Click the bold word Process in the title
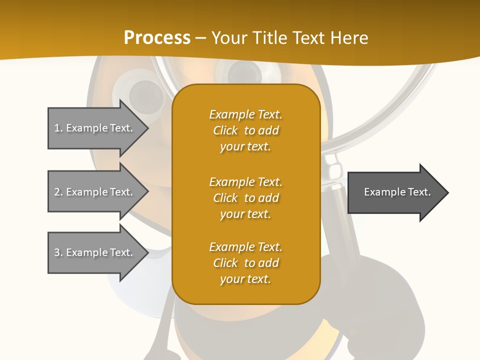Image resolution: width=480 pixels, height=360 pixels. [x=157, y=38]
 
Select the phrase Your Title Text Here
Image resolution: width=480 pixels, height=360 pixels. [x=290, y=38]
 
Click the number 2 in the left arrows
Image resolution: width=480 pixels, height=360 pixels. [x=57, y=192]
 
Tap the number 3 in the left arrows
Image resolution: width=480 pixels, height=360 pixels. [x=57, y=252]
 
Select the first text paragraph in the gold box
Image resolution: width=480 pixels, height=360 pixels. [x=245, y=130]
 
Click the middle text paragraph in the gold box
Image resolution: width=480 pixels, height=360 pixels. [x=245, y=198]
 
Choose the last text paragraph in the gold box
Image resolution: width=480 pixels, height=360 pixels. [x=245, y=263]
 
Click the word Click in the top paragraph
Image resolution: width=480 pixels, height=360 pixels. [x=225, y=130]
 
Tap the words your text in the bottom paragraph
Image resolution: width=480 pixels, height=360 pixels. [x=245, y=279]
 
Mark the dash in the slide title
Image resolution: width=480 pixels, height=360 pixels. [x=201, y=38]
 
